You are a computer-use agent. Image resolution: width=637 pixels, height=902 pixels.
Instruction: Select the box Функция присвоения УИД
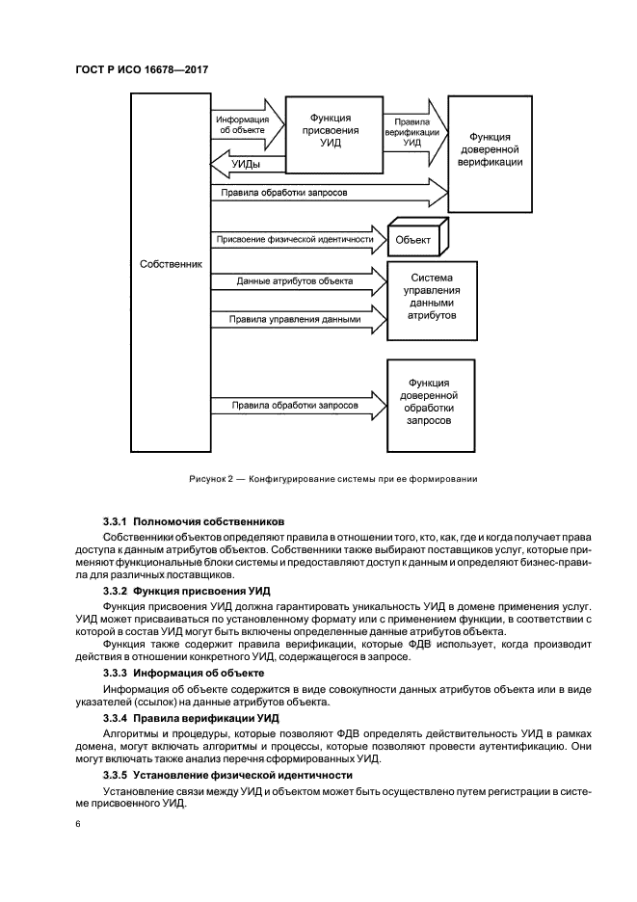pyautogui.click(x=331, y=128)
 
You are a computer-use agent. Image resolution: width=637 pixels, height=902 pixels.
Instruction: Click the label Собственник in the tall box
pyautogui.click(x=170, y=263)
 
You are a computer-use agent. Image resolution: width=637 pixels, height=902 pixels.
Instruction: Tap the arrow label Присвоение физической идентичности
pyautogui.click(x=294, y=238)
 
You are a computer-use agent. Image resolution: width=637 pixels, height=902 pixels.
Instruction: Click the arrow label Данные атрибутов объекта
pyautogui.click(x=294, y=281)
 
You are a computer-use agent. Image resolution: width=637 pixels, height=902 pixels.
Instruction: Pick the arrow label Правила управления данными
pyautogui.click(x=294, y=319)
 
